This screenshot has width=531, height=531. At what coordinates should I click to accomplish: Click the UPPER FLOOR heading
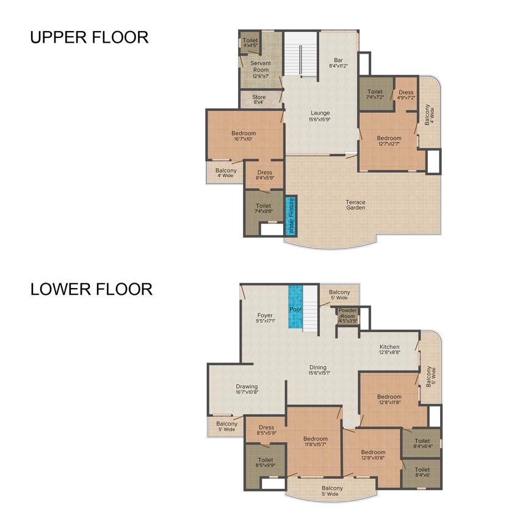coord(89,38)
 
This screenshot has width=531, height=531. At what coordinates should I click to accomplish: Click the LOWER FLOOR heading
coord(91,289)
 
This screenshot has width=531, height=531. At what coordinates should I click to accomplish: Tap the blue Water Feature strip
coord(291,216)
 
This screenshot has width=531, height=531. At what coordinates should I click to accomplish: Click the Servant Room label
coord(260,67)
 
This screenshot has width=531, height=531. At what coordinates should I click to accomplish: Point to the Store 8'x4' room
coord(259,98)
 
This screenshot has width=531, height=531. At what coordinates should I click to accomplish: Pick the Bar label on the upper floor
coord(338,63)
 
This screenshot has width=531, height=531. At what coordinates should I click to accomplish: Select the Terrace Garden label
coord(355,205)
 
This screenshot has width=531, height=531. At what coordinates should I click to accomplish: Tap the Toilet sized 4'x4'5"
coord(250,43)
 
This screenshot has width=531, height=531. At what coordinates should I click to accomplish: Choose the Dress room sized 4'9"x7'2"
coord(406,95)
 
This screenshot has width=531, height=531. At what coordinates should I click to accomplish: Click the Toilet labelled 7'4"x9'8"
coord(264,209)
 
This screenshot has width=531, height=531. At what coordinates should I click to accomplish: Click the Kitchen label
coord(389,349)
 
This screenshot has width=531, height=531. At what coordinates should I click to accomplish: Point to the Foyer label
coord(265,318)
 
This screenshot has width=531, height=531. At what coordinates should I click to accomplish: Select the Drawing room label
coord(247,389)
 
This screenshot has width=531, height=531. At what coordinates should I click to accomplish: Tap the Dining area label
coord(319,370)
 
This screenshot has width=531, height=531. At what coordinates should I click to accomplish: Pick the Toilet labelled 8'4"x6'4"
coord(422,444)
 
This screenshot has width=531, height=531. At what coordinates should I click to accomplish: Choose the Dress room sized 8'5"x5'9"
coord(267,430)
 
